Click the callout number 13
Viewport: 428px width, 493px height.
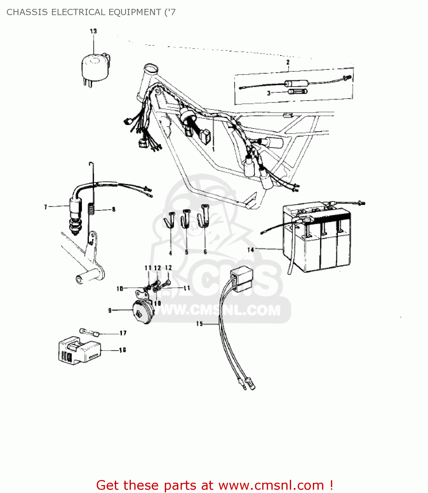coord(93,31)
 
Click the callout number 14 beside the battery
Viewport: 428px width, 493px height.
coord(251,250)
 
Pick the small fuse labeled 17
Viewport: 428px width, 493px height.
coord(89,332)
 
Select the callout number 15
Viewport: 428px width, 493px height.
coord(199,324)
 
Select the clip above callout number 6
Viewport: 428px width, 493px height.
coord(204,216)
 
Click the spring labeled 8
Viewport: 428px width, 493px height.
coord(92,209)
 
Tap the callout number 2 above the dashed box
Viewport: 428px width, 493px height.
coord(288,62)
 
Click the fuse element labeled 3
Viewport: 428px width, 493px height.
coord(297,92)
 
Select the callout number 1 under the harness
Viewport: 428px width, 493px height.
coord(213,149)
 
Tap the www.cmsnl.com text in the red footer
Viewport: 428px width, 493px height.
coord(271,485)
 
